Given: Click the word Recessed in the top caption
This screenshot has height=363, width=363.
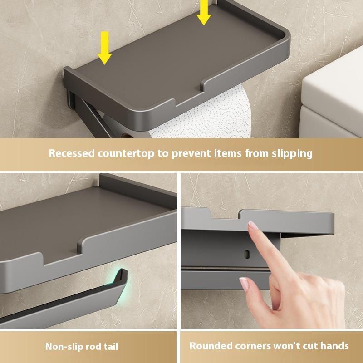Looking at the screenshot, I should (x=71, y=153).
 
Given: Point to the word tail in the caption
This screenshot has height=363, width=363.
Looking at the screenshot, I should (x=109, y=347).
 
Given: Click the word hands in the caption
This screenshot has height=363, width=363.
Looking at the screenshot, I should (x=333, y=346).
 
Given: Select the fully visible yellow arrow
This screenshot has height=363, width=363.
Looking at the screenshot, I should (x=105, y=48).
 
